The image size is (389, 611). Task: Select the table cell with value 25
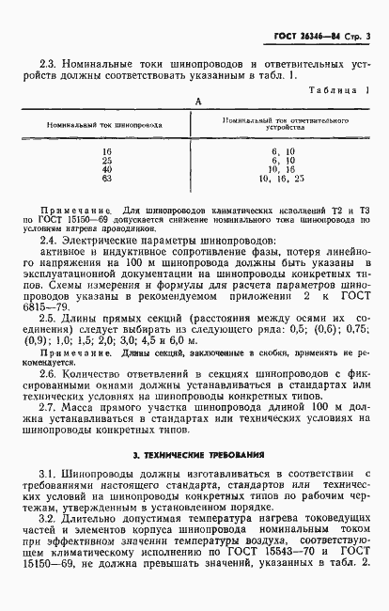(x=106, y=159)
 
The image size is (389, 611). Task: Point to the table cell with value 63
(x=106, y=177)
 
